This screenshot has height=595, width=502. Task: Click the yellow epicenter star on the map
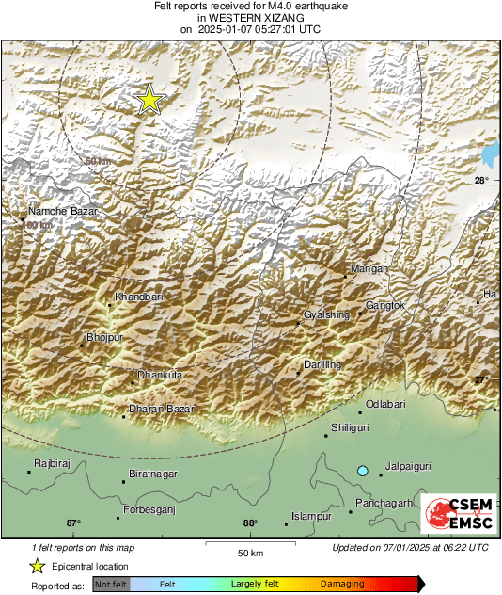pos(149,100)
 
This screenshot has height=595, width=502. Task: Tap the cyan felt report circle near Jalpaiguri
pos(362,470)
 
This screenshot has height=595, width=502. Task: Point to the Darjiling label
pos(322,364)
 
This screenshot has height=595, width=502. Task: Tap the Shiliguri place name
pos(350,427)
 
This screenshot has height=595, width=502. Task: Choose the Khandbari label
pos(139,297)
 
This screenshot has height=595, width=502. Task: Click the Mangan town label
pos(369,269)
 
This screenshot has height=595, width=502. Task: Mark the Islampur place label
pos(312,517)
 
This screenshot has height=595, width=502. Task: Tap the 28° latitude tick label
pos(480,180)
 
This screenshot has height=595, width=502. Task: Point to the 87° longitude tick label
pos(73,523)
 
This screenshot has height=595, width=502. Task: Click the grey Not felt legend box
pos(111,585)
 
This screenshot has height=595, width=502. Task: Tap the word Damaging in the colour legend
pos(342,585)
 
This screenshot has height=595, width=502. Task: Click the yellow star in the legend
pos(37,566)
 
